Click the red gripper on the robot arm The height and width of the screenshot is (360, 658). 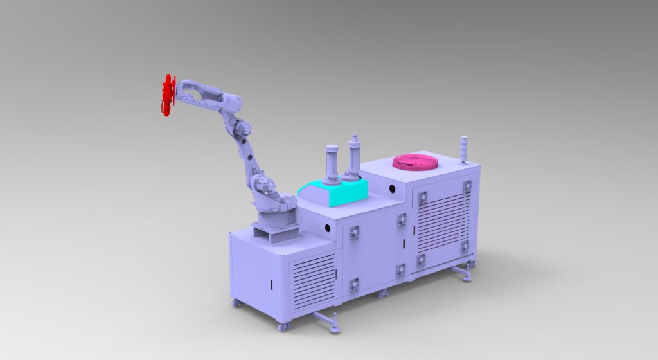[x=168, y=95]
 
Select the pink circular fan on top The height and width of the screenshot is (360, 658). [x=415, y=162]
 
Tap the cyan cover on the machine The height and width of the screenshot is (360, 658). [x=333, y=192]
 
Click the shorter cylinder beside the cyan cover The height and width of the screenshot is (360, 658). [x=331, y=165]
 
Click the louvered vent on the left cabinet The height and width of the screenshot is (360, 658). [x=314, y=280]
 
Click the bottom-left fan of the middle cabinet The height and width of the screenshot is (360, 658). [x=354, y=283]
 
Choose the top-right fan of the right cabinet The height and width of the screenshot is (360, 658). [x=467, y=186]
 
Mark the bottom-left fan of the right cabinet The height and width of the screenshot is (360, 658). [x=421, y=259]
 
